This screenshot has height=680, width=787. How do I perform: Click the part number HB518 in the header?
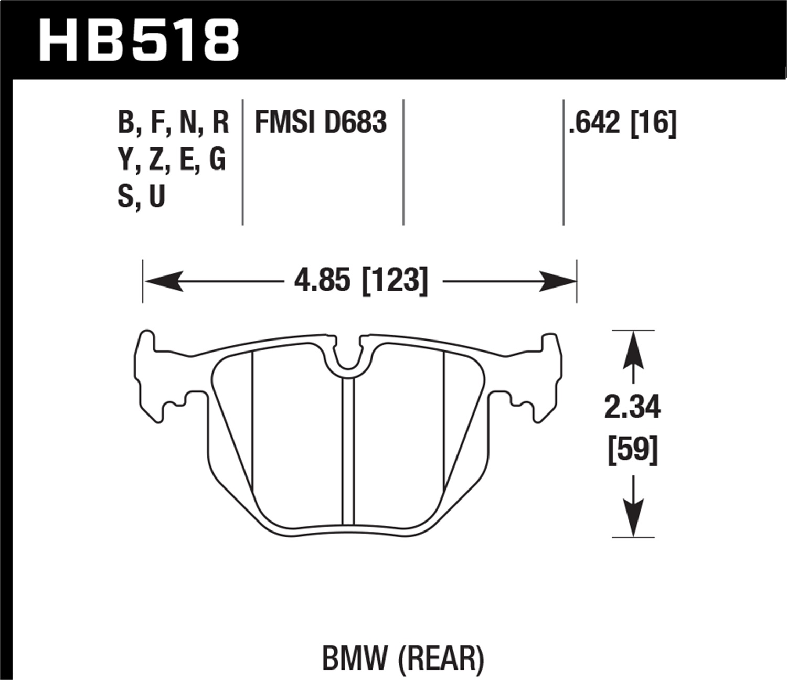click(x=139, y=39)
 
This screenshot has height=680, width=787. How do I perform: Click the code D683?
click(x=355, y=122)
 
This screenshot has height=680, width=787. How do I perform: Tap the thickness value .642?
click(x=594, y=122)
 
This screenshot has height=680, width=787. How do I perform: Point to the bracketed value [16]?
click(x=653, y=122)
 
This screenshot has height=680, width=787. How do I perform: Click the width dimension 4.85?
click(x=322, y=281)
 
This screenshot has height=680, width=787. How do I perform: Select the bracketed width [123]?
click(x=395, y=281)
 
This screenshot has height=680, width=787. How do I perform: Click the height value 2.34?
click(x=632, y=408)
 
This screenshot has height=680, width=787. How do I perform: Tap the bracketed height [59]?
click(x=632, y=450)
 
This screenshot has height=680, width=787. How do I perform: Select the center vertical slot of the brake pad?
click(x=348, y=451)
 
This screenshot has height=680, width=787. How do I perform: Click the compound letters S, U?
click(x=141, y=196)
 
